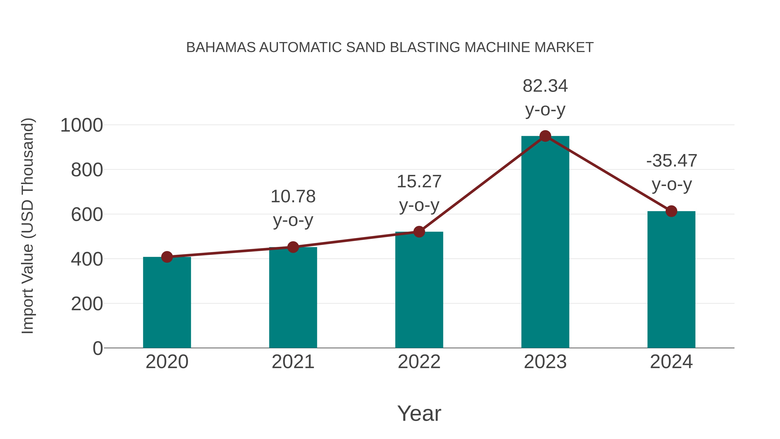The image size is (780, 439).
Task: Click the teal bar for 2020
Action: point(167,303)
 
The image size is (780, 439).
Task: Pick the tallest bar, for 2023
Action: point(545,242)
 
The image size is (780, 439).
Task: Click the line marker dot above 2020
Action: point(167,257)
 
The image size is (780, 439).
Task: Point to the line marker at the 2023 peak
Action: point(545,136)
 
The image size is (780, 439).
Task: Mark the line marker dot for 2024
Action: point(671,211)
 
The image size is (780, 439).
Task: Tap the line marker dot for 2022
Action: point(419,232)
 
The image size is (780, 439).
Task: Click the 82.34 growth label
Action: point(545,86)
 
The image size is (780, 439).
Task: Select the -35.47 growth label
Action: point(671,161)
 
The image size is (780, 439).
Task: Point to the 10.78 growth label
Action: point(293,197)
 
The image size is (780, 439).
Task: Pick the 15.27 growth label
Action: point(419,182)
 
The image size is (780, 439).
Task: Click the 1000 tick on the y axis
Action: point(81,126)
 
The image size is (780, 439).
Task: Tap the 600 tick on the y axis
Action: point(87,215)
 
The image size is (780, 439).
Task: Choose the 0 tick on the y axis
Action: point(97,348)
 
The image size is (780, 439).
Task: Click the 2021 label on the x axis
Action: point(293,362)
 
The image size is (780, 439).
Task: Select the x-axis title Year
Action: point(419,414)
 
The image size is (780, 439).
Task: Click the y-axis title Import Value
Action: point(27,226)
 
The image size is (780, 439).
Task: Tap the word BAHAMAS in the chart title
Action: point(221,47)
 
